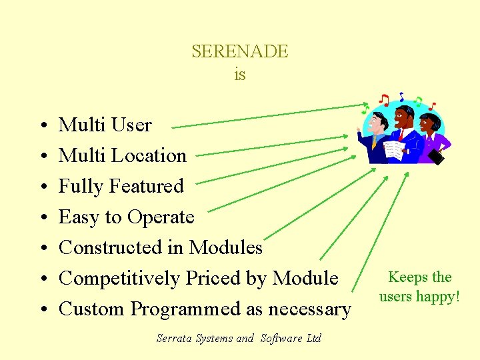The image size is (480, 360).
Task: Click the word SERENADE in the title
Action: click(x=240, y=51)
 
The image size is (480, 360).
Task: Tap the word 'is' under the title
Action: click(x=240, y=75)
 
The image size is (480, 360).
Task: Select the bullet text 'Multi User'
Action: click(x=105, y=125)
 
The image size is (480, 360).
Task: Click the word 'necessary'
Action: click(x=309, y=309)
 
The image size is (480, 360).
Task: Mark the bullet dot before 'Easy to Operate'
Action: click(x=41, y=218)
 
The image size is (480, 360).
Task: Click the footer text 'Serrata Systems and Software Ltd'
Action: click(x=239, y=338)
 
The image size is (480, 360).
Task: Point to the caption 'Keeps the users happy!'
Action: click(x=420, y=287)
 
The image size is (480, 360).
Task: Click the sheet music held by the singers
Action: click(x=395, y=149)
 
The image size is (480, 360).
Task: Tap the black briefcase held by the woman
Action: click(x=436, y=157)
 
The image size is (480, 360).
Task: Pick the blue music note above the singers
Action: click(x=401, y=97)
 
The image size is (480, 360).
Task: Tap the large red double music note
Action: click(x=384, y=100)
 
